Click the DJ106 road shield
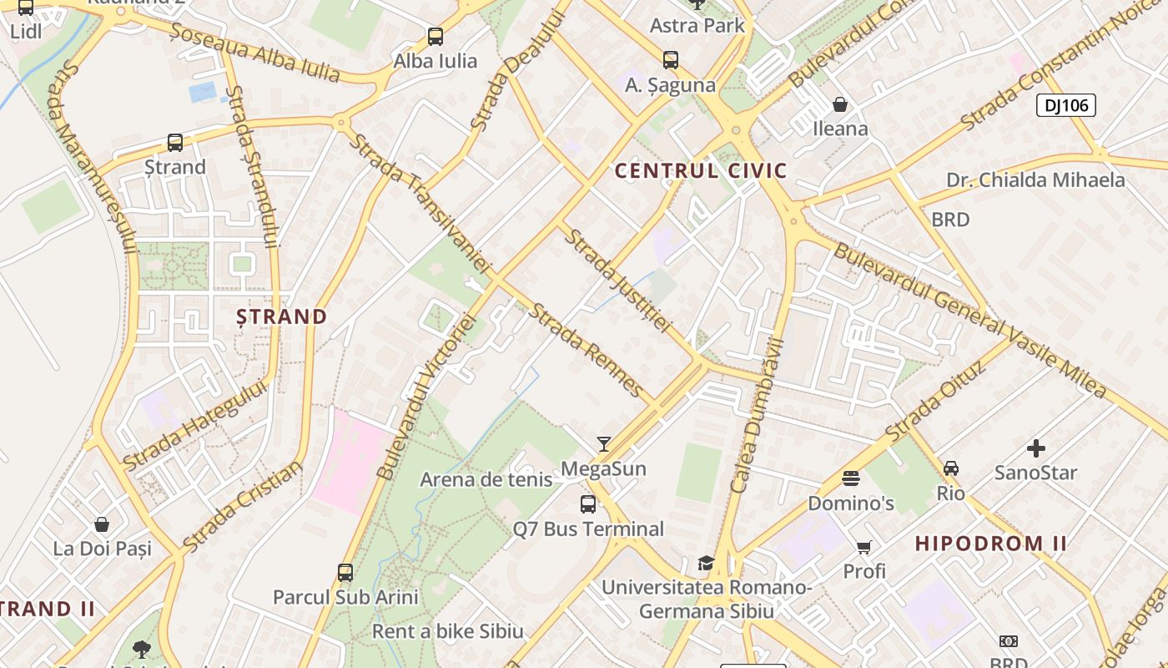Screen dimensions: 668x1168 [1065, 105]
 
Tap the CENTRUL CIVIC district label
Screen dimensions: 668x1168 [701, 171]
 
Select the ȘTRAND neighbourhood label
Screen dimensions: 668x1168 [281, 316]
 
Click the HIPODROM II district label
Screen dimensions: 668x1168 [991, 544]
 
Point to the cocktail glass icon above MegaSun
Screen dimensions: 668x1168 [604, 443]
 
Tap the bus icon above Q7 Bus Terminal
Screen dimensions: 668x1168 [588, 504]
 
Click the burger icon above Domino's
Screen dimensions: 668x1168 [851, 478]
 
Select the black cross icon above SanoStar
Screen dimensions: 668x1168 [1035, 448]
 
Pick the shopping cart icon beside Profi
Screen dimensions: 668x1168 [863, 548]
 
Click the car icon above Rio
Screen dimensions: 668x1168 [951, 468]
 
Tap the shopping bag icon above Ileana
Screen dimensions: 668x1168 [840, 104]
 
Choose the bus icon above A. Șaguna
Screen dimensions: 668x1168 [671, 60]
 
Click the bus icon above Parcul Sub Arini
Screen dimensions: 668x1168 [345, 573]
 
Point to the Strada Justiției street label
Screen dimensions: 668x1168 [618, 281]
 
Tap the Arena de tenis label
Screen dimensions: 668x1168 [486, 479]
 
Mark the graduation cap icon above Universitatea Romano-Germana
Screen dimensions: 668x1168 [706, 563]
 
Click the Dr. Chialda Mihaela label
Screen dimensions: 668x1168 [1035, 180]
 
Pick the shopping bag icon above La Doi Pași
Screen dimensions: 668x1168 [102, 524]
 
